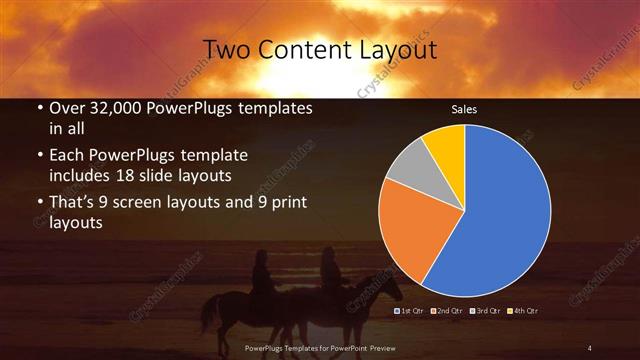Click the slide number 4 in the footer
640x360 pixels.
[x=590, y=347]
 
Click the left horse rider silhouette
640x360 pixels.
[x=262, y=272]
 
